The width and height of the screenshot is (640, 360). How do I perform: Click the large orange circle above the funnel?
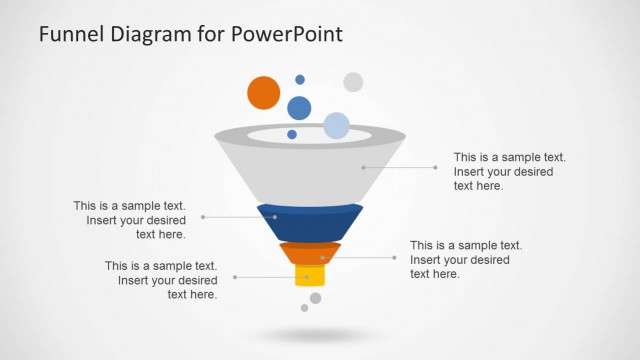(263, 92)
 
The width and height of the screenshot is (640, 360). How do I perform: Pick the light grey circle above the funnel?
(353, 82)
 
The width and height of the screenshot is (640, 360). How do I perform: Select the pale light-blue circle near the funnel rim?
(336, 126)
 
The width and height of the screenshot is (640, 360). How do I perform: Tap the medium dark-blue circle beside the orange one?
(299, 108)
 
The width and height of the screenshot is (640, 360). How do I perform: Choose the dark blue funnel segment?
(310, 222)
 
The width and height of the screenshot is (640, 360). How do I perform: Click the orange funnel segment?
(310, 253)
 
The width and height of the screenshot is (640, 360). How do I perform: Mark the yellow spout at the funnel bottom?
(309, 276)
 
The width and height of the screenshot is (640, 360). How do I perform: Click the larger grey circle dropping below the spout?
(316, 298)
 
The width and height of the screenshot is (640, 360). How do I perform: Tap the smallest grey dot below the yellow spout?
(304, 308)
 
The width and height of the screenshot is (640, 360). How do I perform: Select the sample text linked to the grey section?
(510, 171)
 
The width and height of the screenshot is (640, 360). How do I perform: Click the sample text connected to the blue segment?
(129, 220)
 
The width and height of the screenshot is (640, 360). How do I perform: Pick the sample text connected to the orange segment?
(466, 259)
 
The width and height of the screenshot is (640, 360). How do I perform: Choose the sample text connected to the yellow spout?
(161, 280)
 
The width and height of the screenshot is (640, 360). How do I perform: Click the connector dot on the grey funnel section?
(364, 167)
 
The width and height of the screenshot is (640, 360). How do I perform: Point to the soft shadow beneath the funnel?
(310, 334)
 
